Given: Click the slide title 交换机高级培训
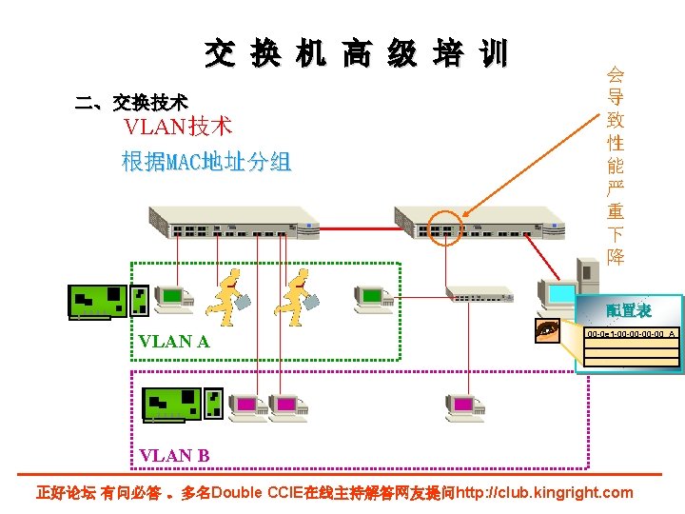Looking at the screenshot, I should coord(357,54).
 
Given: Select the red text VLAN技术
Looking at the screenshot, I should coord(178,127).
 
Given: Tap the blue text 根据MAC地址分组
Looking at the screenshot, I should coord(206,162).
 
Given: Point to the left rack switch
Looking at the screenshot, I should coord(233,221).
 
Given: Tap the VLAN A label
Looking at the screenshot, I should coord(173,341).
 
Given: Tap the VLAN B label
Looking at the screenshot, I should coord(174,455).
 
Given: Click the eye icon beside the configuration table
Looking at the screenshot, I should coord(548,330).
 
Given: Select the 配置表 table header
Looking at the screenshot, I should coord(629,310).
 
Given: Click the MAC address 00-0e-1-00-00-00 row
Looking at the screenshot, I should coord(629,334).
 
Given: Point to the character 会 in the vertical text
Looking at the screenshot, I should coord(616,75).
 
